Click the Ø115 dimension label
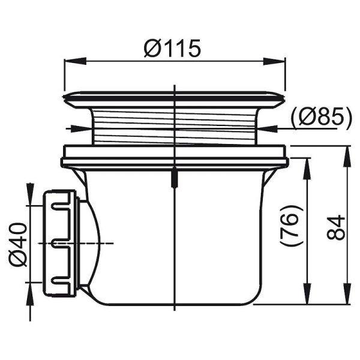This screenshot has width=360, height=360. (x=172, y=48)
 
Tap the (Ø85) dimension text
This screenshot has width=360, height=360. (x=321, y=118)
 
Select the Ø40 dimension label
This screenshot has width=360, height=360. (x=18, y=245)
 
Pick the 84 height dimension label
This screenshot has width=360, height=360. (x=336, y=227)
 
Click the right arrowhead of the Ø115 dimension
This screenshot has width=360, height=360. (x=274, y=62)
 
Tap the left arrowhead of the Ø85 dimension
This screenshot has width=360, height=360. (x=81, y=129)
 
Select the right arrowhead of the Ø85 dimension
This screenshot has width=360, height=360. (x=267, y=129)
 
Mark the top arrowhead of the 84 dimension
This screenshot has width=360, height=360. (x=347, y=157)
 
